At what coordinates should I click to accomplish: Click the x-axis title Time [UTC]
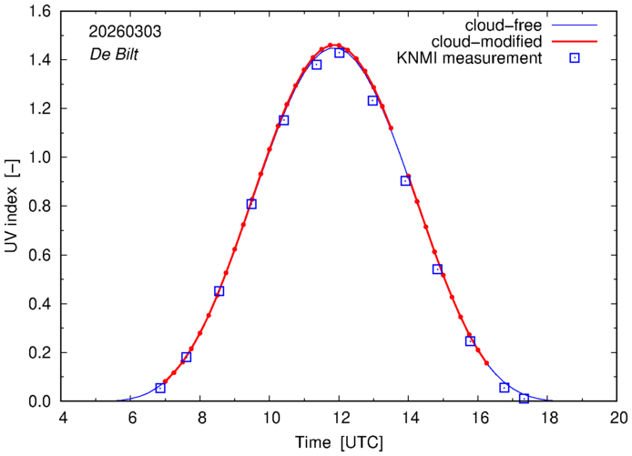[x=340, y=442]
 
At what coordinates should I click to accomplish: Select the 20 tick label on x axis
[x=618, y=420]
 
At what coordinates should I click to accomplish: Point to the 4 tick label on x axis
[x=63, y=420]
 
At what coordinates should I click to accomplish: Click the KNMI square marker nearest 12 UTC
[x=339, y=53]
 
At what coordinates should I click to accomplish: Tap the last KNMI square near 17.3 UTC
[x=524, y=399]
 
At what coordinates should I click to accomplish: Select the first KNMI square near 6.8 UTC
[x=160, y=388]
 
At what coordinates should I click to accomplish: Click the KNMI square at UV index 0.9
[x=405, y=180]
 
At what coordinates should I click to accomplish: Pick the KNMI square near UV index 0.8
[x=251, y=204]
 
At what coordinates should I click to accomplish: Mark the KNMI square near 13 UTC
[x=372, y=100]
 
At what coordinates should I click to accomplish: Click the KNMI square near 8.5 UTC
[x=219, y=291]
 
